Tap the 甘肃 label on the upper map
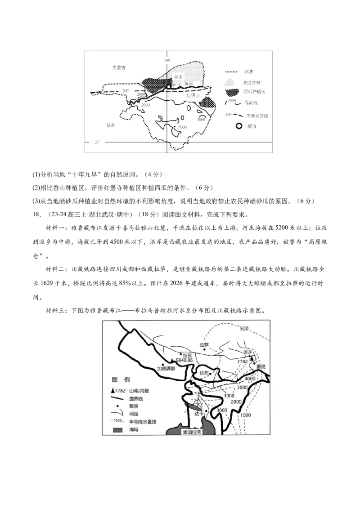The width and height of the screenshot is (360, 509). pos(108,126)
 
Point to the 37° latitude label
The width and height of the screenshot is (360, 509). pos(98,142)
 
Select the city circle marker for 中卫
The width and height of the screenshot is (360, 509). pos(168,86)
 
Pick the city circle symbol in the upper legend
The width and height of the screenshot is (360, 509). pos(239,127)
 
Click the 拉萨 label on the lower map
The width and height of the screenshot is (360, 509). pos(204,345)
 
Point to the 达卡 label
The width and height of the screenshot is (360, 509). pos(199,412)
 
